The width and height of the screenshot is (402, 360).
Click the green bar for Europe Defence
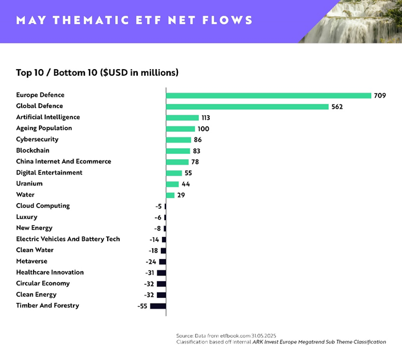coord(268,95)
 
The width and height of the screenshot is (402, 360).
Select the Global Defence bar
coord(247,106)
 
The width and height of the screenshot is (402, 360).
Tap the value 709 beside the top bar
coord(380,95)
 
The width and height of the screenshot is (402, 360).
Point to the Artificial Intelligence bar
coord(182,118)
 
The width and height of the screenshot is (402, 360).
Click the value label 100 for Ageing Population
coord(204,129)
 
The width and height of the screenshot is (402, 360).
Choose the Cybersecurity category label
coord(37,139)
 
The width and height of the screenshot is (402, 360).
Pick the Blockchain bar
coord(178,151)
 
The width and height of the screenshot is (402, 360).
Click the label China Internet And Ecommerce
coord(63,161)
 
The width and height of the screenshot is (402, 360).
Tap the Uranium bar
coord(172,184)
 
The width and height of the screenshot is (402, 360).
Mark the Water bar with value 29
coord(170,195)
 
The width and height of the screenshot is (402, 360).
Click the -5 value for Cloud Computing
coord(159,206)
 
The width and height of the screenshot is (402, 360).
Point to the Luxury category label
coord(27,217)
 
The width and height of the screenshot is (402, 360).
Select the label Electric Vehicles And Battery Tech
coord(68,239)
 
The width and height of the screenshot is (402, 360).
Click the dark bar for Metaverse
coord(163,261)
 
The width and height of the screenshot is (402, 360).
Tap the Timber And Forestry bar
coord(158,306)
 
